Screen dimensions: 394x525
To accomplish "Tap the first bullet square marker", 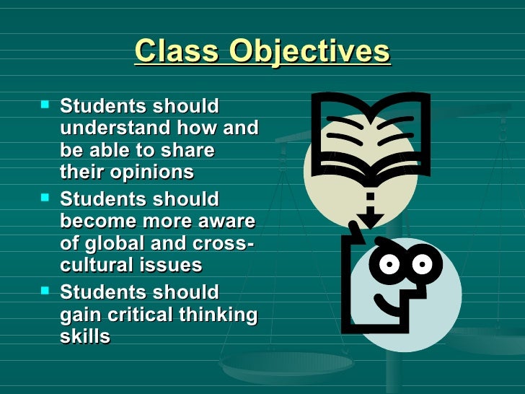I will pyautogui.click(x=46, y=105).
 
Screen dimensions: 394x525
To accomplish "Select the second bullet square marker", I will pyautogui.click(x=46, y=198).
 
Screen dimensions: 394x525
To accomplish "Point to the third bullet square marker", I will pyautogui.click(x=46, y=291).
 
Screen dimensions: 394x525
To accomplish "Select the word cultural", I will pyautogui.click(x=95, y=266).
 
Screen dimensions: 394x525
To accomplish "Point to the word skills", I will pyautogui.click(x=85, y=336).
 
